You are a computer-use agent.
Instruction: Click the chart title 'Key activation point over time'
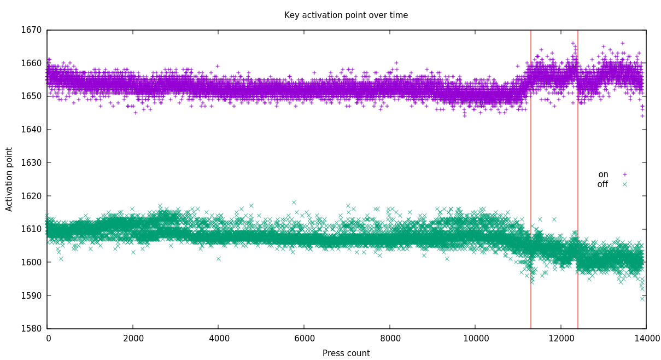click(x=346, y=15)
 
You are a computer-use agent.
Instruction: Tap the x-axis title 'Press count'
click(x=346, y=353)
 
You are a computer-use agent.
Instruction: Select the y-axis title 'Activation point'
click(x=9, y=179)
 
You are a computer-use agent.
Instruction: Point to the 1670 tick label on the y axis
click(x=31, y=30)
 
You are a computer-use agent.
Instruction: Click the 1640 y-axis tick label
click(x=31, y=129)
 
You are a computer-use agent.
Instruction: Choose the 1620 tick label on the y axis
click(x=31, y=196)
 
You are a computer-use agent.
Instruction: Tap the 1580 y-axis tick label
click(x=31, y=329)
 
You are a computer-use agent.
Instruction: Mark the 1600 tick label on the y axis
click(x=31, y=262)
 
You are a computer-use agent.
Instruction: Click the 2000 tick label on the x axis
click(x=133, y=339)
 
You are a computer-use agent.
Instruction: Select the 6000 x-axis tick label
click(x=305, y=339)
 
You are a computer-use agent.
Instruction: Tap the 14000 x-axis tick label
click(x=646, y=339)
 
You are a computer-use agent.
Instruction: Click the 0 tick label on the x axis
click(x=49, y=339)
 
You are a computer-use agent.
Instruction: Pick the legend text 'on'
click(x=603, y=175)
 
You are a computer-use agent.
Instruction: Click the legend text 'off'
click(x=602, y=184)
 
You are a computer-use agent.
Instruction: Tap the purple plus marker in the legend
click(x=624, y=175)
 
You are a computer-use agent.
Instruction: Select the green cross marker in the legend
click(x=624, y=184)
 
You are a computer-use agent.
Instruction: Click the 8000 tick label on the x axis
click(x=390, y=339)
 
